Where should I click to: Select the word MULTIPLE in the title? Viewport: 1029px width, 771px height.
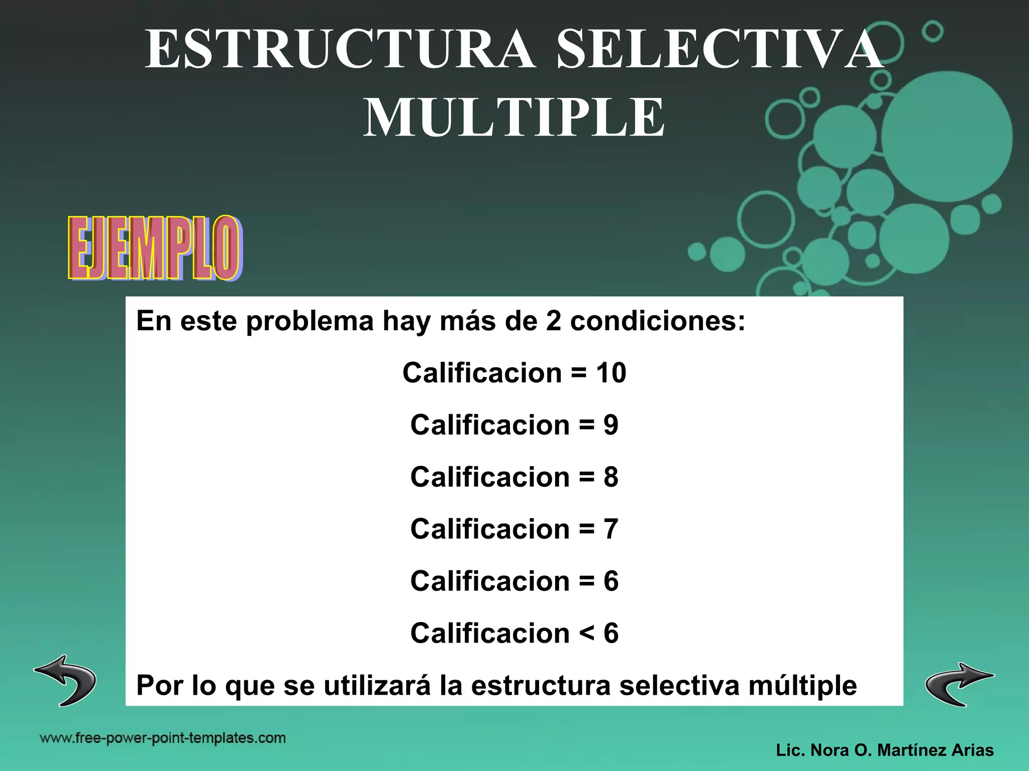(514, 118)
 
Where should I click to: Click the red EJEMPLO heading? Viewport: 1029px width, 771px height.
(154, 248)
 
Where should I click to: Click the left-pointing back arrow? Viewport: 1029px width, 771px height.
(66, 680)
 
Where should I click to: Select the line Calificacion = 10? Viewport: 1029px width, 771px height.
(514, 373)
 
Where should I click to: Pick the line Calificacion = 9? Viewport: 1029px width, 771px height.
(514, 425)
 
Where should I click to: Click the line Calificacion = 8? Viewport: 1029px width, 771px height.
(514, 477)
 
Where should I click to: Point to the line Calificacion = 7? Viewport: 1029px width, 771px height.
(514, 529)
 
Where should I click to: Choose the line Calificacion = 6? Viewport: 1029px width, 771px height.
(514, 581)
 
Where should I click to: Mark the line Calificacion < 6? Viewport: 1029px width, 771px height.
(514, 633)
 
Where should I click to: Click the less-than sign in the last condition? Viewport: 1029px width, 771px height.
(586, 634)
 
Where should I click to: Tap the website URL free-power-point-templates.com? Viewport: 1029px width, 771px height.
(163, 738)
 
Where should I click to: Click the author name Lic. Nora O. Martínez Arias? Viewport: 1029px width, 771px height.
(885, 750)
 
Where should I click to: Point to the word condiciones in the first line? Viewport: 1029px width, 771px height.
(657, 321)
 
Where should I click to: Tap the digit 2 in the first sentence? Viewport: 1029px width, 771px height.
(553, 321)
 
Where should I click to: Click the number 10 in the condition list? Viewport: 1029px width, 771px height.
(611, 373)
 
